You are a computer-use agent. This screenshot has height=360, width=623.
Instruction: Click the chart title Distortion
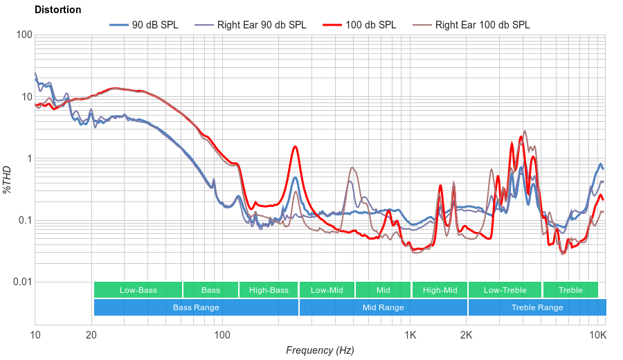click(57, 10)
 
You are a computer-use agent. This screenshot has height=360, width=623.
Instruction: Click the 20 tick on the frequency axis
click(91, 336)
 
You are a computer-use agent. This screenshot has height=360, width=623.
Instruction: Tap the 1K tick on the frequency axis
click(410, 336)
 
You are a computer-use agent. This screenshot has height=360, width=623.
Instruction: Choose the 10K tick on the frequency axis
click(598, 336)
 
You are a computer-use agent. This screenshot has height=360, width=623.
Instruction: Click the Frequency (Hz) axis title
click(320, 350)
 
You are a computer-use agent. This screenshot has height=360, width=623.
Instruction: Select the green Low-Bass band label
click(137, 290)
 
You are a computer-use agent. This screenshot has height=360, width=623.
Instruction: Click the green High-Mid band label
click(440, 290)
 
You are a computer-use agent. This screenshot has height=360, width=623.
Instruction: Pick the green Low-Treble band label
click(505, 290)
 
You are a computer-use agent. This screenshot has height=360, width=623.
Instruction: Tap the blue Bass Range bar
click(196, 307)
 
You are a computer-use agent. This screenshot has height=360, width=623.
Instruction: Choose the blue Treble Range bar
click(537, 307)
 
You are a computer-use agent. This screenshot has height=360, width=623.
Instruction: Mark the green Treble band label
click(570, 290)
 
